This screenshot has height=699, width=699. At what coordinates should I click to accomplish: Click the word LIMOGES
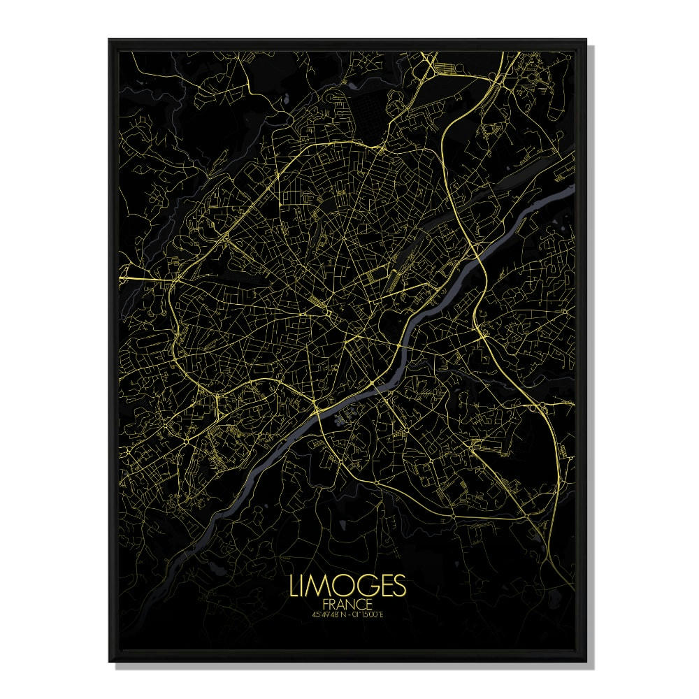(x=347, y=586)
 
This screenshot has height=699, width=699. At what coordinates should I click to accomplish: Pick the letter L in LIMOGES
(x=294, y=586)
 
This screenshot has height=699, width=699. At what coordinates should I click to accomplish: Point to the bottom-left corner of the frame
(x=109, y=661)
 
